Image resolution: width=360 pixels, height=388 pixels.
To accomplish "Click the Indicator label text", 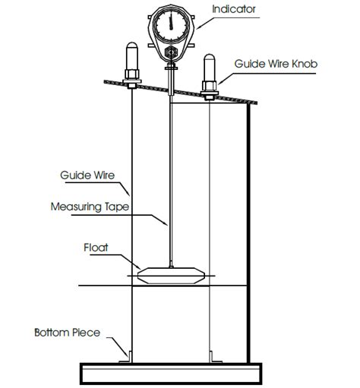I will tap(235, 10).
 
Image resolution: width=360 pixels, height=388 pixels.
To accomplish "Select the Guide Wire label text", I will tap(87, 175).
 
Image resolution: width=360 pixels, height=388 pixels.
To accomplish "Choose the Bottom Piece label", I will tap(67, 332).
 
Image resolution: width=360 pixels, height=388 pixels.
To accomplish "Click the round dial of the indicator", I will tap(172, 26).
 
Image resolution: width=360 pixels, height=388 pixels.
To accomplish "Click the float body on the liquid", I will tap(171, 276).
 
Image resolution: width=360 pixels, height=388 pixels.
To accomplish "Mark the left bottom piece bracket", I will tap(127, 357).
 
